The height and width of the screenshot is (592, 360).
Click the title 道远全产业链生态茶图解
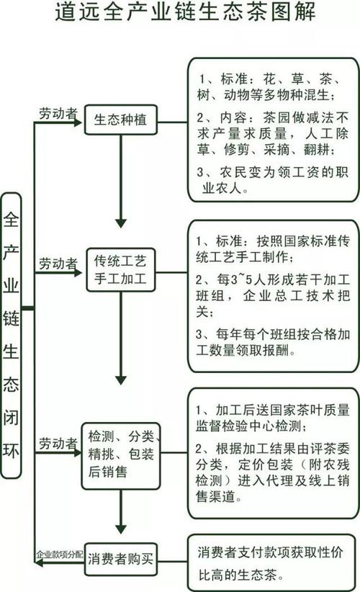(x=185, y=12)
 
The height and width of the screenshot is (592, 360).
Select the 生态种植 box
(x=121, y=120)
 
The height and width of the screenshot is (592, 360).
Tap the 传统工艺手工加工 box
(x=121, y=269)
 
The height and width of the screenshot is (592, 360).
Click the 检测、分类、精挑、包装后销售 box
(x=121, y=456)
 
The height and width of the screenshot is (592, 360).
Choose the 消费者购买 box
(x=121, y=559)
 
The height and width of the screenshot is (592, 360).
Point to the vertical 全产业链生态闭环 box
(x=11, y=336)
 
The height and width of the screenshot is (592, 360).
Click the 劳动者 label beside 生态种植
(x=58, y=113)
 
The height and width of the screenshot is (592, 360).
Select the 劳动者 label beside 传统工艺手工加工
(x=58, y=264)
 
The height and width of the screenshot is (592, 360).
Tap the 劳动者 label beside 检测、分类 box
(x=58, y=443)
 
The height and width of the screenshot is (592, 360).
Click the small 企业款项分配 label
(x=60, y=555)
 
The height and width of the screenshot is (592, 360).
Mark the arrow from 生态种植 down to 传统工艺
(x=121, y=181)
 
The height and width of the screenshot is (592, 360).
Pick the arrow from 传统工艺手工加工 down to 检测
(x=121, y=338)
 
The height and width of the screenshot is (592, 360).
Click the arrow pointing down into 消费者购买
(x=121, y=511)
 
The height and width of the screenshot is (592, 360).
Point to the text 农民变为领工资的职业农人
(x=272, y=180)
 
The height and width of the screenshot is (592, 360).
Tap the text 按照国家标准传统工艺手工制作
(x=273, y=248)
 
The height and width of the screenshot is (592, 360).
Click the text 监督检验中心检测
(x=251, y=426)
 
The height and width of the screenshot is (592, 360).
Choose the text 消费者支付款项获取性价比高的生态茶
(x=270, y=563)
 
